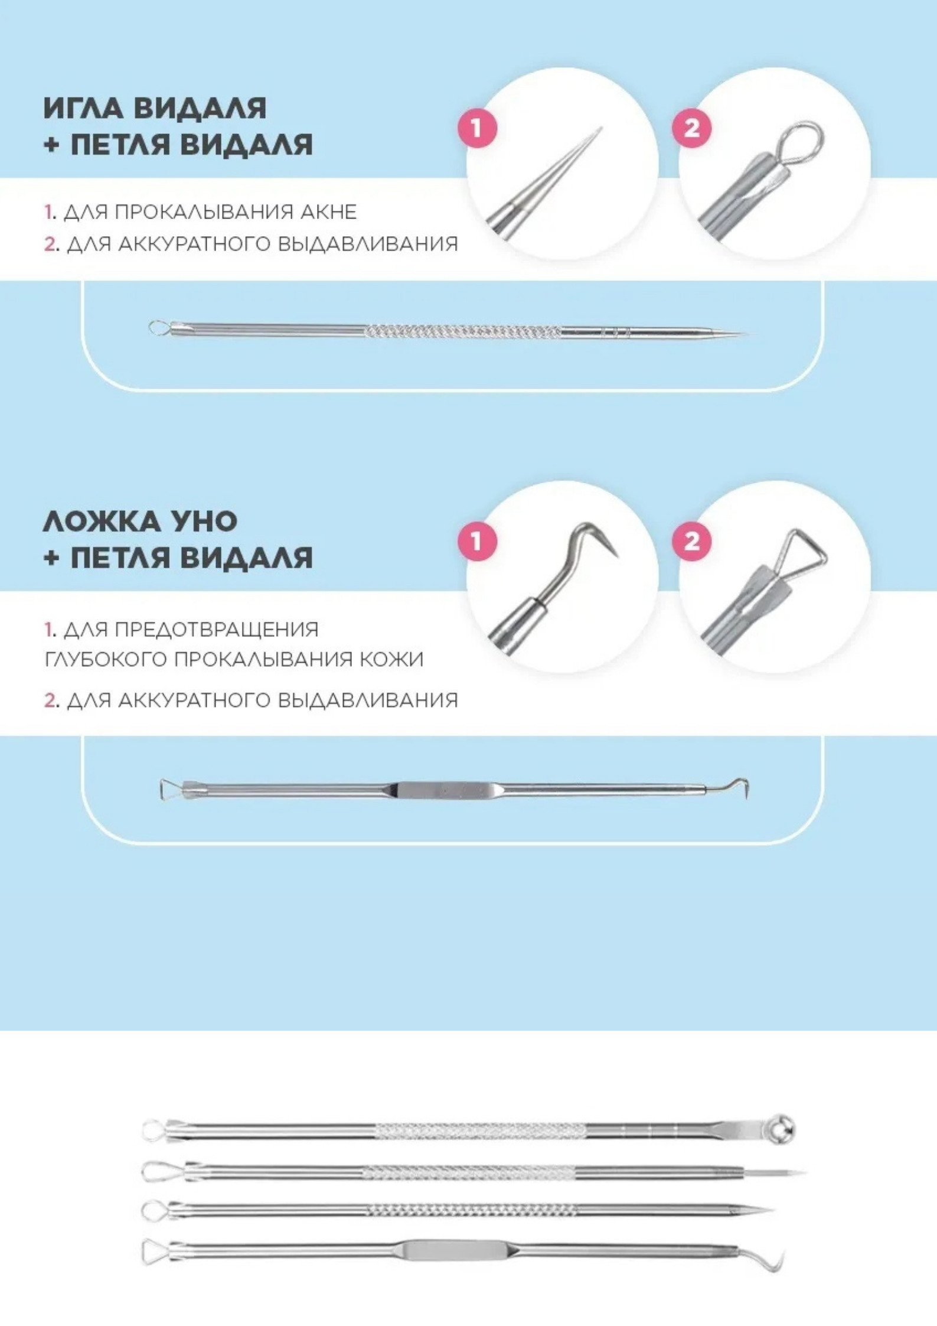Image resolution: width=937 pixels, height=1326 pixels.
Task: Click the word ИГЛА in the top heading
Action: pos(87,108)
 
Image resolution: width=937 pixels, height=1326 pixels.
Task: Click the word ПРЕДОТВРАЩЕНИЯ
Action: pos(216,630)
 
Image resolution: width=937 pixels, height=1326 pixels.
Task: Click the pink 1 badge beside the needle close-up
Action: pos(478,128)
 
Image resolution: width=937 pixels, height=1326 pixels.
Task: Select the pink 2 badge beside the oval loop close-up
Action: pos(692,128)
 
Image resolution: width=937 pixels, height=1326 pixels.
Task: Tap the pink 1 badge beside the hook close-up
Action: pos(478,541)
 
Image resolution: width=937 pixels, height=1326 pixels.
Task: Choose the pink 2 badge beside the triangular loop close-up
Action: pos(692,541)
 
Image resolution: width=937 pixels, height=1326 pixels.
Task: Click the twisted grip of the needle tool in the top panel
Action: pos(463,332)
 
